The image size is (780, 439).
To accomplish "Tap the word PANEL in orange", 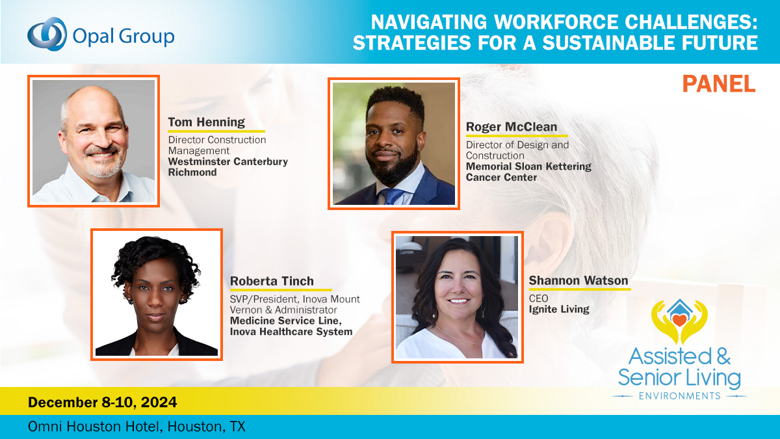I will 719,83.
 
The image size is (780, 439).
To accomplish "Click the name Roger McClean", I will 511,126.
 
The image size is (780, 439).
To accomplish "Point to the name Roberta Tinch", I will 272,281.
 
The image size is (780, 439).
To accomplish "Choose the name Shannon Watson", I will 578,280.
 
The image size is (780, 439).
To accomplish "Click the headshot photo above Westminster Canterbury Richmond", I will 94,140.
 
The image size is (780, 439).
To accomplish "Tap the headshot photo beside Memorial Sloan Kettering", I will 393,144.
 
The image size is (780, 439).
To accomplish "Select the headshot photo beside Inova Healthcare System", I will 156,294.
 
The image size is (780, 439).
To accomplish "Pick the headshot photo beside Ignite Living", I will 457,297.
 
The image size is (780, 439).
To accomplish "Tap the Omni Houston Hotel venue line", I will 136,427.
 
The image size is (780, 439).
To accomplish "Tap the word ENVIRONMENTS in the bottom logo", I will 679,395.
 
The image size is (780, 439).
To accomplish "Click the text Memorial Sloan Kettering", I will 528,166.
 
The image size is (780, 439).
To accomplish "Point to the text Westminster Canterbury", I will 227,161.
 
